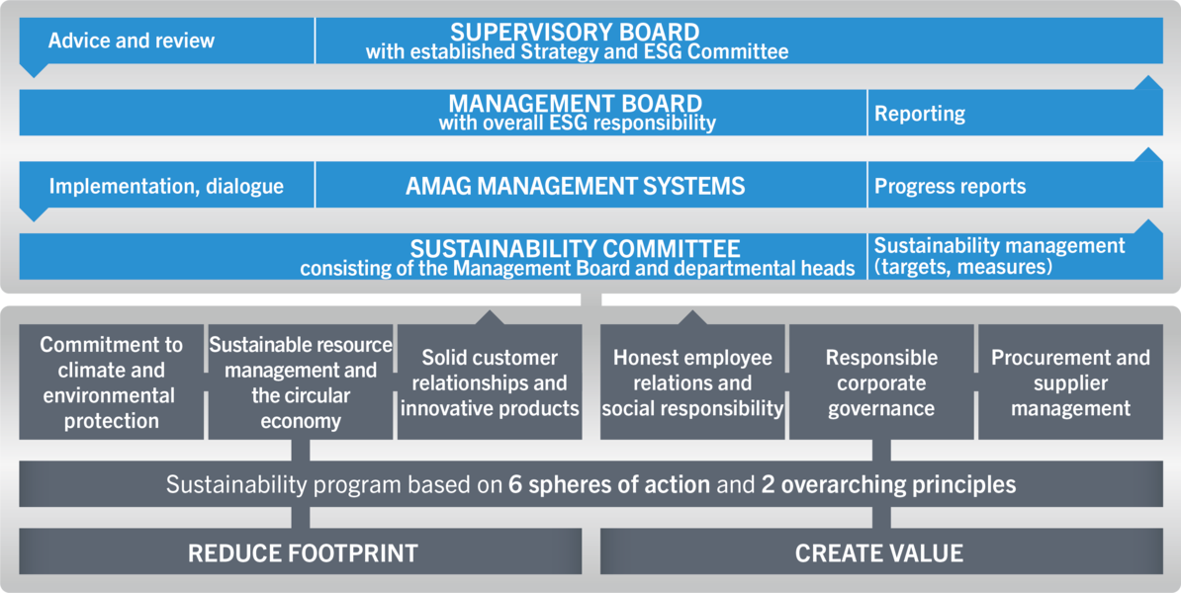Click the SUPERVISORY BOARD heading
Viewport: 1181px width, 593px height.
click(x=575, y=33)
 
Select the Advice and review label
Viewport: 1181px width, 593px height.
click(x=132, y=41)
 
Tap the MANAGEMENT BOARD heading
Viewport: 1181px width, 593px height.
click(x=576, y=103)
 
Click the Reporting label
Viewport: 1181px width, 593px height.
click(x=920, y=114)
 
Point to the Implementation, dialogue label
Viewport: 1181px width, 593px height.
click(x=166, y=186)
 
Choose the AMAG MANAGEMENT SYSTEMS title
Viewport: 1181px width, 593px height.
click(x=576, y=185)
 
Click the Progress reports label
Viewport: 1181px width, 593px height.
click(x=950, y=186)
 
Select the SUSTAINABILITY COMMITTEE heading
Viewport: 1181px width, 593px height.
click(x=576, y=248)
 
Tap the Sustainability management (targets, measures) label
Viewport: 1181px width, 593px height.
click(x=999, y=256)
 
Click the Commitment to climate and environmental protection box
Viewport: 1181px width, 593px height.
click(x=112, y=382)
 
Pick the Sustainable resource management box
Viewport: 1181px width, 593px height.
click(x=301, y=382)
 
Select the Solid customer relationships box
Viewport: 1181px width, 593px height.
click(x=490, y=382)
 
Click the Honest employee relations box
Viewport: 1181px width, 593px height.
click(x=692, y=382)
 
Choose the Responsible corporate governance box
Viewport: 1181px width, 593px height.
click(x=881, y=382)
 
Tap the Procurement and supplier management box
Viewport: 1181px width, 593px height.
click(x=1070, y=382)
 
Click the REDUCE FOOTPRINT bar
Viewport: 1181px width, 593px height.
click(x=301, y=551)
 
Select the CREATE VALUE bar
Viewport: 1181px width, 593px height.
click(x=881, y=551)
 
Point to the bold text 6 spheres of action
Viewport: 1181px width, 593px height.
click(x=609, y=484)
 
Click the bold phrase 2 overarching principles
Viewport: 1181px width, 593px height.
click(x=889, y=484)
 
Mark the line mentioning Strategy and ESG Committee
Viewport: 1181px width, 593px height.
click(x=577, y=52)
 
